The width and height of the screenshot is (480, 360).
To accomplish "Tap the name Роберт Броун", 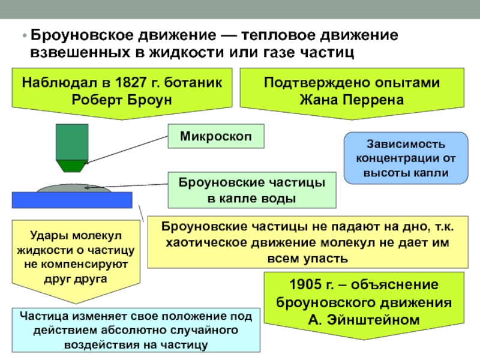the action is [x=122, y=99].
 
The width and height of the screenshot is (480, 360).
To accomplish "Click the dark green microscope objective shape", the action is [x=71, y=144].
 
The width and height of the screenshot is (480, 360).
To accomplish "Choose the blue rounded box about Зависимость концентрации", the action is [x=405, y=158].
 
